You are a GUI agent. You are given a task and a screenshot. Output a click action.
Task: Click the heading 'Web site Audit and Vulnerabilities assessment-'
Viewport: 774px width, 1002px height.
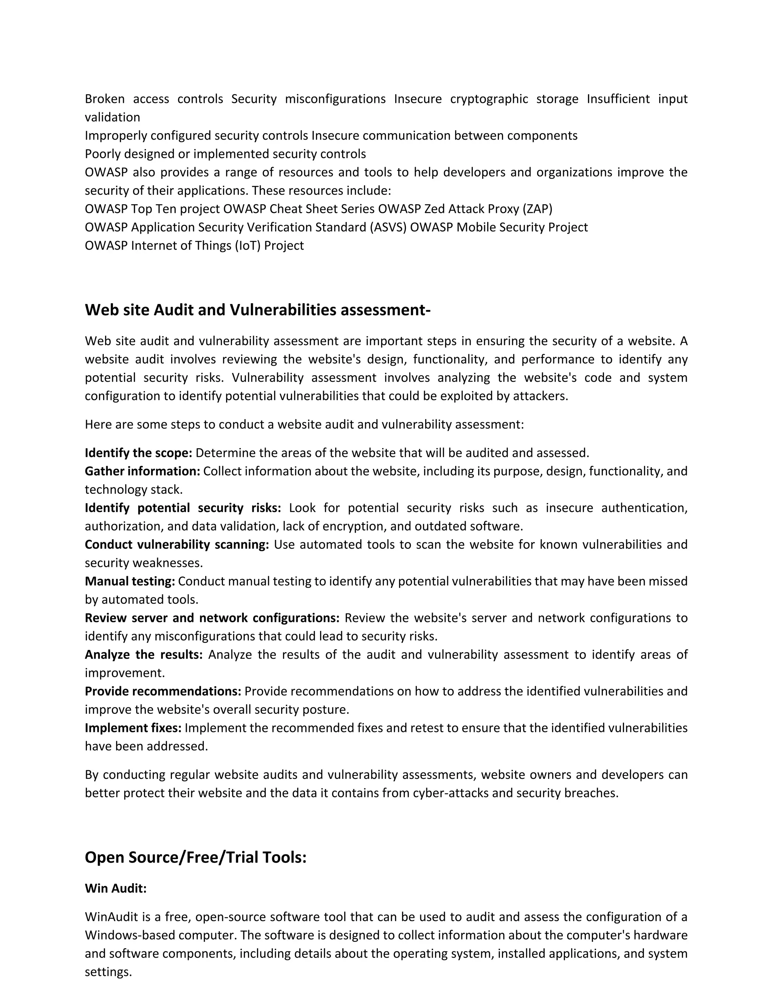tap(258, 310)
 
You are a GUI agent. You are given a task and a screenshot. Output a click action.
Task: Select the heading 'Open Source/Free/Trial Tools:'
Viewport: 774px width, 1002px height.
tap(195, 857)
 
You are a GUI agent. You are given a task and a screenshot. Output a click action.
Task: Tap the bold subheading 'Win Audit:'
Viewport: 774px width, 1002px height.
tap(116, 888)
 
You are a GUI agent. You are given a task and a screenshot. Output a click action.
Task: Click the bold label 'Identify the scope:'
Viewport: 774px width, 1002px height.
tap(138, 453)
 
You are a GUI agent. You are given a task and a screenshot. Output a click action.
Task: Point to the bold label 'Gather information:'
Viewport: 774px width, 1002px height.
tap(142, 471)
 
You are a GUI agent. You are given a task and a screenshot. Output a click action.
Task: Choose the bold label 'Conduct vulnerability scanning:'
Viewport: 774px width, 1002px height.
tap(177, 544)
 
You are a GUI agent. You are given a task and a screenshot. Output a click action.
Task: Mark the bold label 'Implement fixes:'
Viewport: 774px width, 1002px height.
tap(133, 728)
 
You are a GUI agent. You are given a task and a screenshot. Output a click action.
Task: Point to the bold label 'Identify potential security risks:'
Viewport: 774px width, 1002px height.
tap(183, 508)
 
